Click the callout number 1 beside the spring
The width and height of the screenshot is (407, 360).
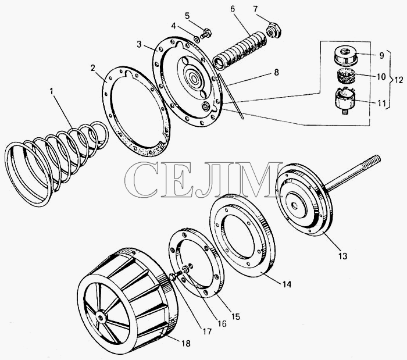click(x=52, y=91)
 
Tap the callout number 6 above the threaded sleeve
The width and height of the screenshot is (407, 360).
click(x=233, y=9)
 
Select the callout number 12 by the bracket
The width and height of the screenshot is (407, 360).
click(x=398, y=80)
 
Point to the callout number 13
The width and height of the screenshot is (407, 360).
click(x=342, y=256)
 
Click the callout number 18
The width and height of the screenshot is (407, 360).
click(x=185, y=343)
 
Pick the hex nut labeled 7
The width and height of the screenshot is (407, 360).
click(x=274, y=30)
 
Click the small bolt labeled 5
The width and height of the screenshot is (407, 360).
click(x=205, y=34)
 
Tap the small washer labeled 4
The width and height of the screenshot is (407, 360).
click(x=197, y=39)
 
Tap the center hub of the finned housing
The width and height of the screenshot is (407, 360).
click(x=101, y=317)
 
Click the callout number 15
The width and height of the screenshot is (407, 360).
click(x=235, y=316)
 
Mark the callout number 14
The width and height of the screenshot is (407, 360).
click(x=287, y=284)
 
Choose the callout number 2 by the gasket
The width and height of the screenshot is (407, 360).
click(x=92, y=68)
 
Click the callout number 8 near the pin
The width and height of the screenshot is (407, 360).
click(x=276, y=73)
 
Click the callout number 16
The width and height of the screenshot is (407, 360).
click(x=222, y=324)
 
